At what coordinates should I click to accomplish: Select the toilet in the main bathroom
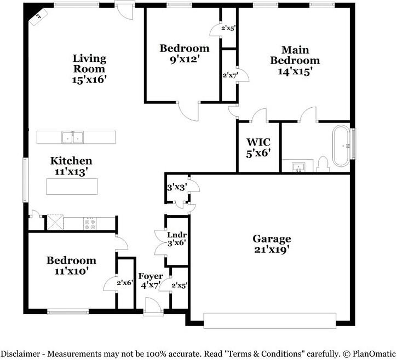click(323, 164)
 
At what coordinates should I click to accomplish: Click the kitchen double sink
click(72, 137)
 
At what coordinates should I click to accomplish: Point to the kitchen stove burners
click(90, 223)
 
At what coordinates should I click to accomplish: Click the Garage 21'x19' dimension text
click(272, 249)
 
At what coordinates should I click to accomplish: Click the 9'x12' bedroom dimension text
click(184, 59)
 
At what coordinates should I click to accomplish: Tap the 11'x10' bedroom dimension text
click(71, 270)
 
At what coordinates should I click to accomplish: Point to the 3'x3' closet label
click(176, 187)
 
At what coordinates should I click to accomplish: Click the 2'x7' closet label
click(229, 75)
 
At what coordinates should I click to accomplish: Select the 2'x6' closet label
click(125, 283)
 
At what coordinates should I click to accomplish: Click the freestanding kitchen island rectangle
click(72, 187)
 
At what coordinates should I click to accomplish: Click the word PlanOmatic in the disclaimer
click(369, 353)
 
